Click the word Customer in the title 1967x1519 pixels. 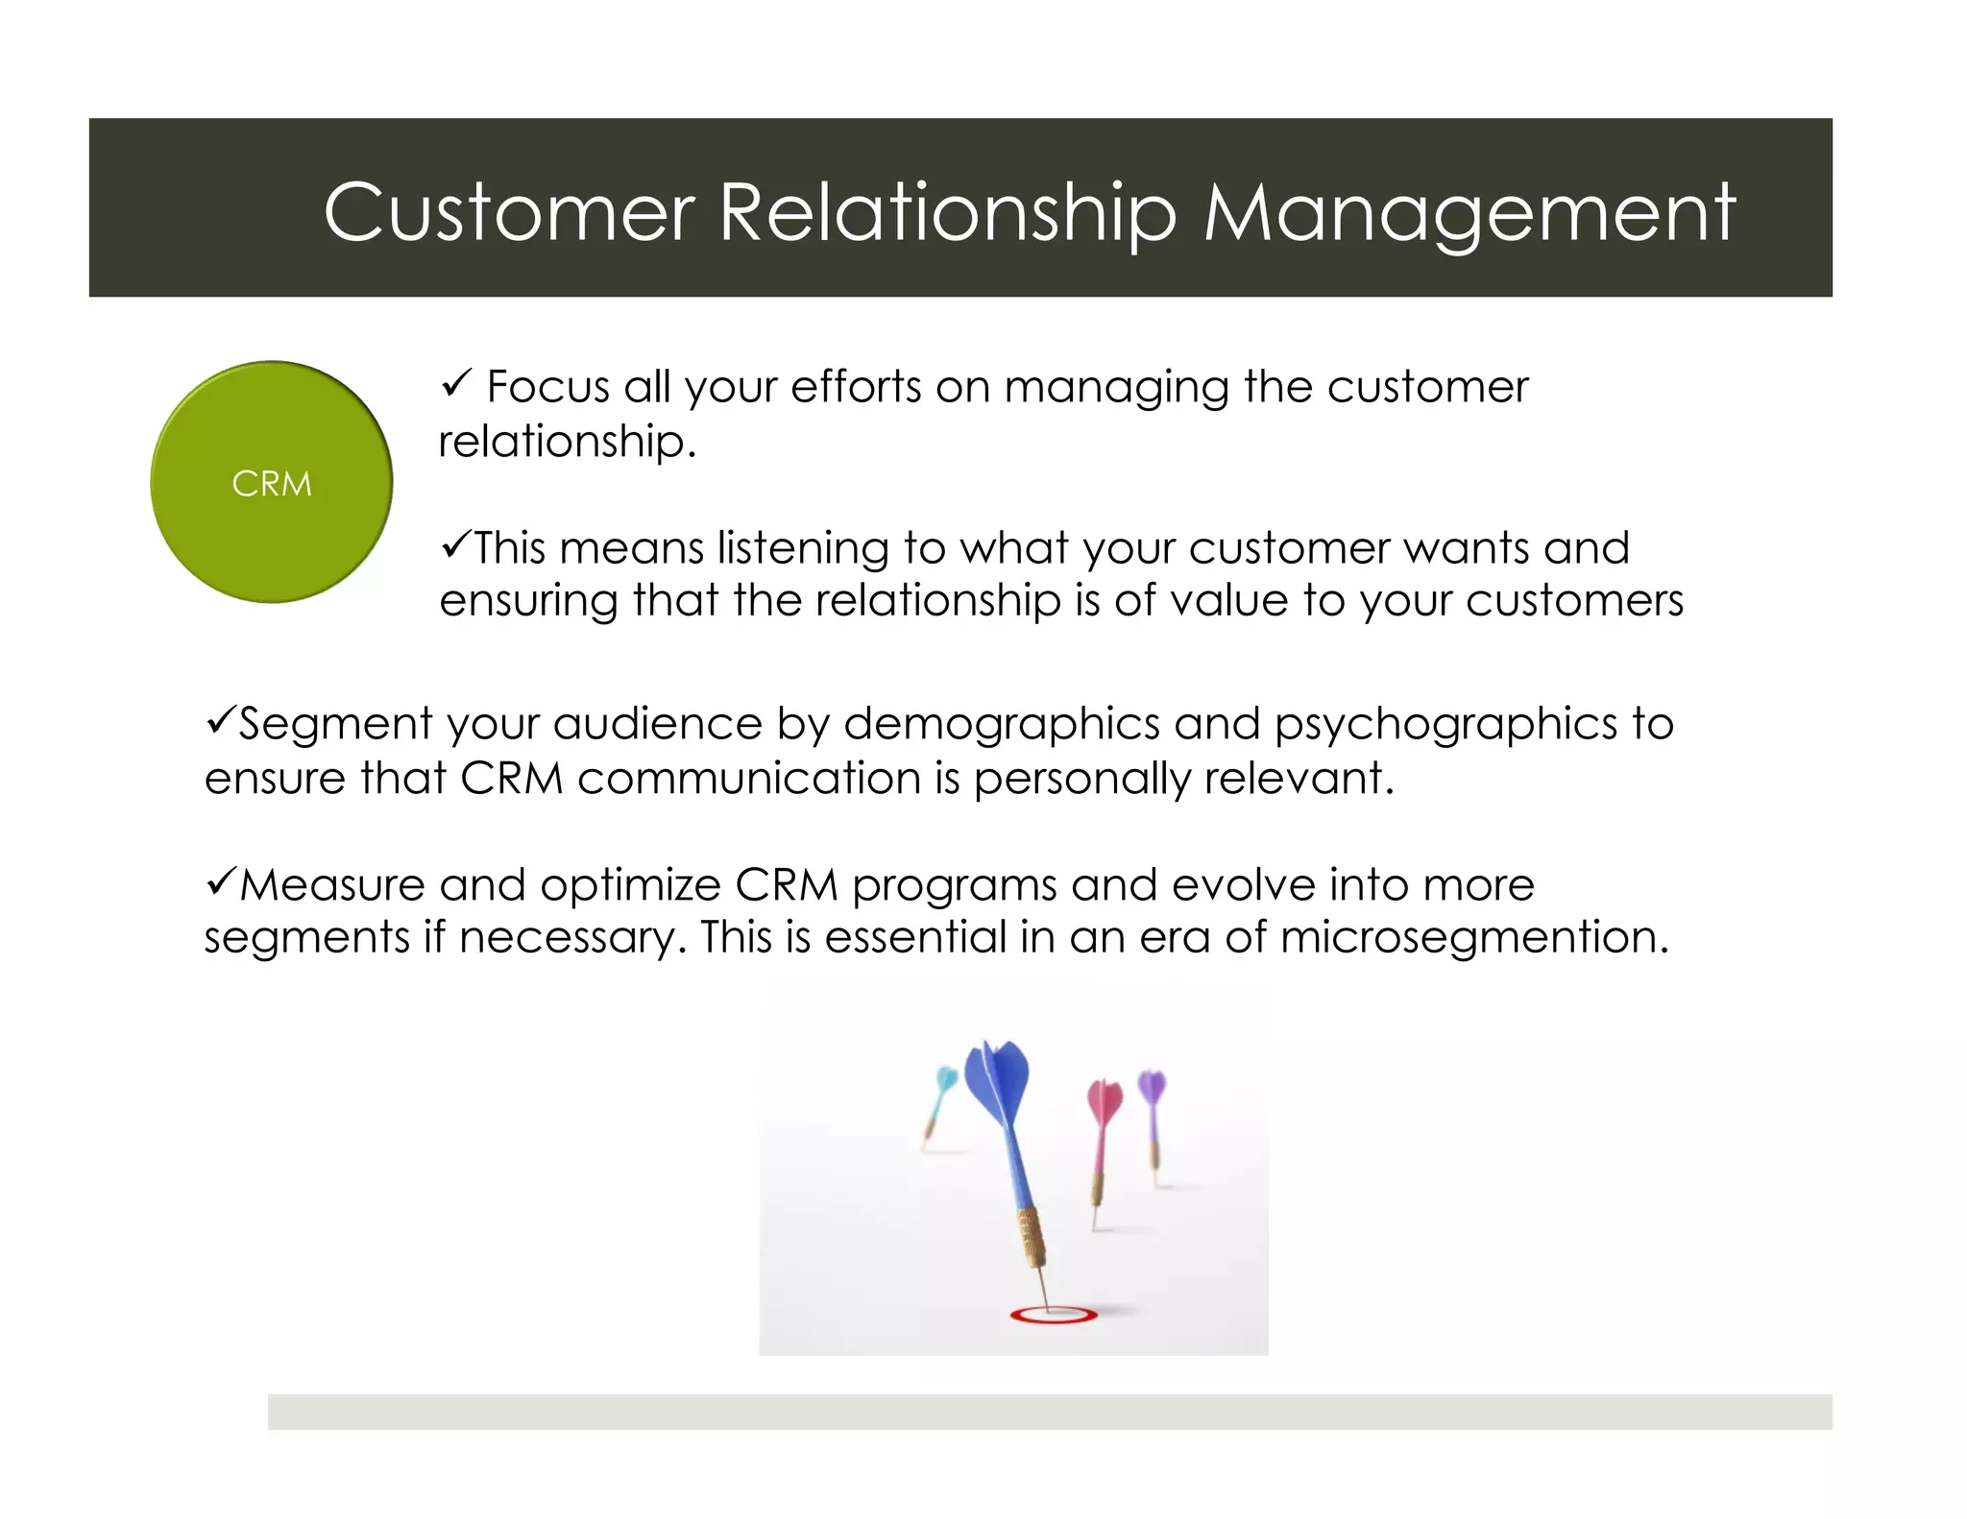pyautogui.click(x=508, y=212)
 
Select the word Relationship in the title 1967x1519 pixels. pyautogui.click(x=947, y=212)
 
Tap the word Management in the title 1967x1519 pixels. pyautogui.click(x=1469, y=212)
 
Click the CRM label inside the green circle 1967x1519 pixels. pyautogui.click(x=272, y=484)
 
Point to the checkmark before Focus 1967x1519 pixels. pyautogui.click(x=454, y=384)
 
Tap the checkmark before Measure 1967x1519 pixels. pyautogui.click(x=220, y=880)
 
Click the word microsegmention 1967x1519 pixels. pyautogui.click(x=1473, y=937)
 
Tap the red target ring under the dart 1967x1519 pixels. pyautogui.click(x=1054, y=1314)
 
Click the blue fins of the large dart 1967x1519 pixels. pyautogui.click(x=999, y=1080)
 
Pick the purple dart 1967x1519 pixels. pyautogui.click(x=1153, y=1114)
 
